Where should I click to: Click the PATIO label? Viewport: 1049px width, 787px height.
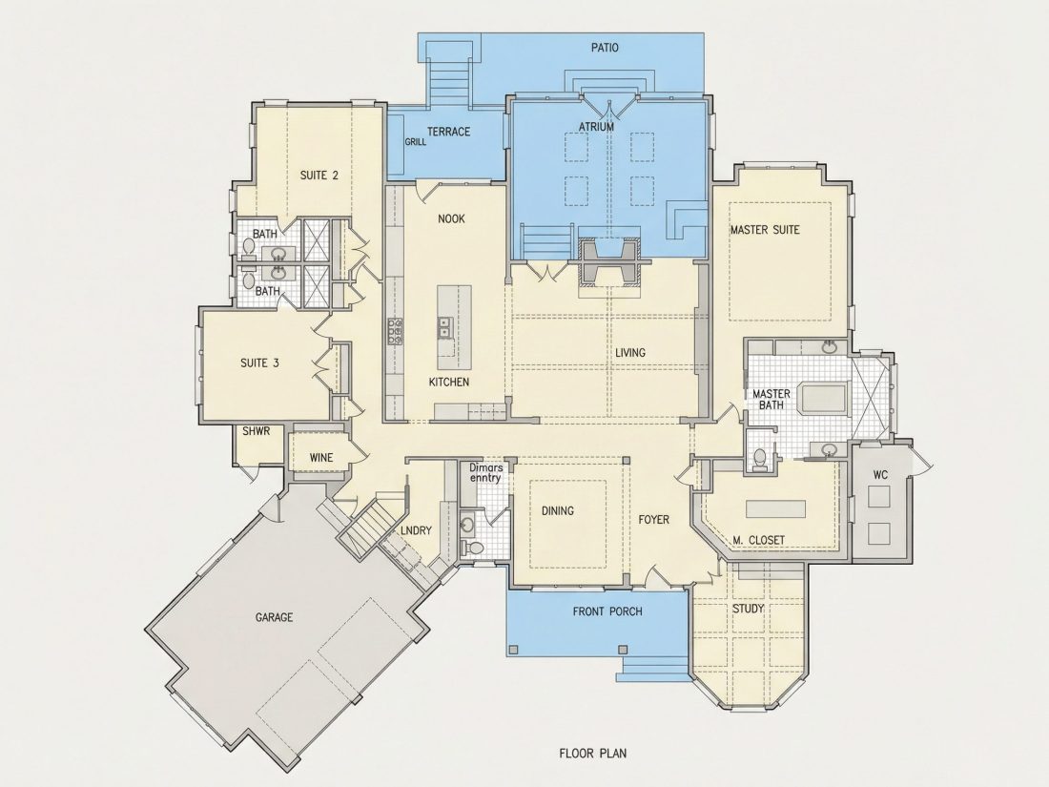(604, 48)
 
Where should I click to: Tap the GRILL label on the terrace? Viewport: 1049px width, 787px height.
(416, 142)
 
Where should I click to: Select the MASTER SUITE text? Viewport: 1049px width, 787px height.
(765, 230)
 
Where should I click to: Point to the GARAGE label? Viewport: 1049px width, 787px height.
(275, 617)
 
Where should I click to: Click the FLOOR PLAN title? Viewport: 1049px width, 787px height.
(593, 753)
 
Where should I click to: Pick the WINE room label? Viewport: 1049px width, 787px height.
(321, 458)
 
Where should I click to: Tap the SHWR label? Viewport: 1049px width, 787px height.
(257, 431)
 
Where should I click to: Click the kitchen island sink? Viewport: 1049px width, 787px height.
(445, 327)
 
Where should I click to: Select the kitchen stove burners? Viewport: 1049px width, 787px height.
(396, 331)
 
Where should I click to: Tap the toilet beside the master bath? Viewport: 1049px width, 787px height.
(759, 460)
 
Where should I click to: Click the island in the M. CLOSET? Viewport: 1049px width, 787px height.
(776, 507)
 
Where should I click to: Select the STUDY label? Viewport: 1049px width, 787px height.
(748, 609)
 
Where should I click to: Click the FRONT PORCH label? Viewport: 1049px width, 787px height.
(607, 611)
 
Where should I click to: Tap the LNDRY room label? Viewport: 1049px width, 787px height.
(416, 530)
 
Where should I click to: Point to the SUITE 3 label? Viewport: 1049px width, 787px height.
(259, 363)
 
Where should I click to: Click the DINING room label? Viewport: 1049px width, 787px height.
(557, 510)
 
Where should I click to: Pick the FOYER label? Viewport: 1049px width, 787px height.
(653, 519)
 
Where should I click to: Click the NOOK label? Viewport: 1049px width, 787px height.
(451, 218)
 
